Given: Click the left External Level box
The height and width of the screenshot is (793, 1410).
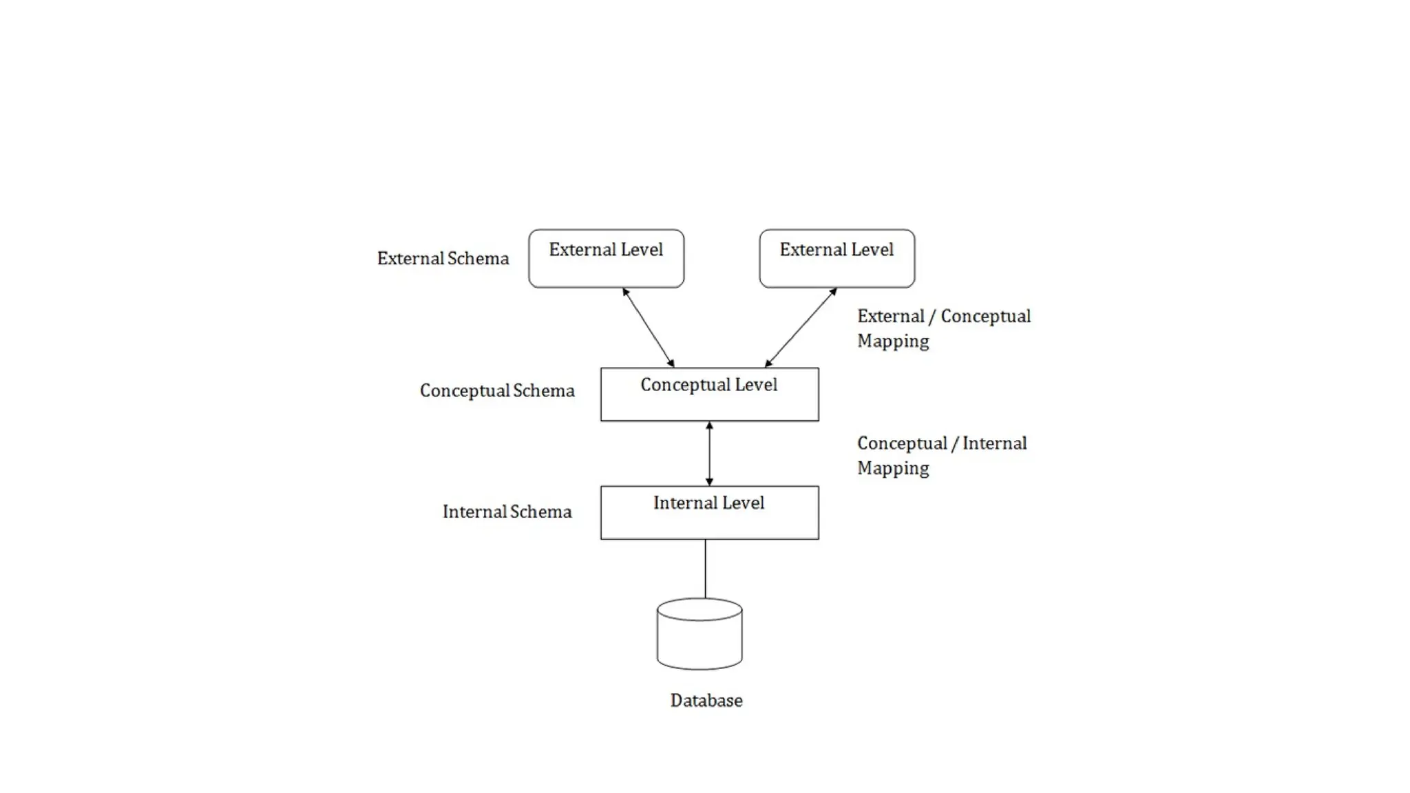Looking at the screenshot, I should [x=606, y=259].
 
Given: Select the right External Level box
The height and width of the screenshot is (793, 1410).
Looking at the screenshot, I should [x=836, y=259].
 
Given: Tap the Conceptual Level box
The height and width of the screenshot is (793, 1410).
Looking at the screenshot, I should [x=709, y=394].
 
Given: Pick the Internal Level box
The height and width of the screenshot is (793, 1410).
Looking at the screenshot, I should [x=709, y=513].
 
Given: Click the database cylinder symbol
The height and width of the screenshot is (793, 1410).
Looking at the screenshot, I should [x=699, y=634].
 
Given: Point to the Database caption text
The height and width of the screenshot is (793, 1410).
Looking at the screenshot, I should [x=706, y=701].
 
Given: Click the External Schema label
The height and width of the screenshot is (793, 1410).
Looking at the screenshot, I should [x=443, y=259].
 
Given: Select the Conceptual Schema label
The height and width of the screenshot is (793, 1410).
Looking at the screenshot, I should [x=497, y=391].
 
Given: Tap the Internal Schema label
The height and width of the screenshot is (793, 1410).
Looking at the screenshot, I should [x=507, y=512].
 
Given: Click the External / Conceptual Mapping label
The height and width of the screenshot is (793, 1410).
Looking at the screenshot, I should [x=943, y=328].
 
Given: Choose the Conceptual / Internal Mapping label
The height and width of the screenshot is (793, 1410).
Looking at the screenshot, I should [x=941, y=455].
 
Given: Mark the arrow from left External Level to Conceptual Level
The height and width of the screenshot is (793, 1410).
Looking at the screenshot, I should [x=649, y=328].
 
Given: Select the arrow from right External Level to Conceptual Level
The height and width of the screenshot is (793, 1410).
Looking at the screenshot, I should [x=801, y=328].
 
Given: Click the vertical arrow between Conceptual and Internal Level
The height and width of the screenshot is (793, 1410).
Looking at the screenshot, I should [x=709, y=454].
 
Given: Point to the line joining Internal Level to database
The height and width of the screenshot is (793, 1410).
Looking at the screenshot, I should [x=705, y=569].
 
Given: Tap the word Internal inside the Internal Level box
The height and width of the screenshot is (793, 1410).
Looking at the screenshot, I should [x=682, y=503].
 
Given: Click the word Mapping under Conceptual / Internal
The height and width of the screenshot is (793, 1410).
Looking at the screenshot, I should [x=893, y=468].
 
